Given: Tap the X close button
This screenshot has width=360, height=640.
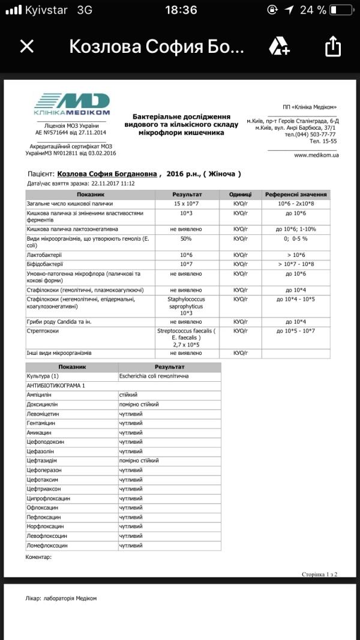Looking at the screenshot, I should pos(27,46).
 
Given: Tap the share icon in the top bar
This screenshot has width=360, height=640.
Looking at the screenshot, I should pos(332,46).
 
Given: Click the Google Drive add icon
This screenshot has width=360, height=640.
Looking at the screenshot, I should pos(280,46).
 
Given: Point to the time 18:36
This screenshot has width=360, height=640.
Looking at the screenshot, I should pos(180,10).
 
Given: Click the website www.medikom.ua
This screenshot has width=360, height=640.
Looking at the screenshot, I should pos(316,155).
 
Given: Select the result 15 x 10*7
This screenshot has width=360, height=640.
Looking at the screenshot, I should pos(187,204).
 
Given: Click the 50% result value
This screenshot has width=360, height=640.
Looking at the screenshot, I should pos(187,239).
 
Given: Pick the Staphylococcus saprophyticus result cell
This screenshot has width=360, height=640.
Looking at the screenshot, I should pos(187,305).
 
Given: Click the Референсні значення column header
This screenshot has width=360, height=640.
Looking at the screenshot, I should pos(296,195).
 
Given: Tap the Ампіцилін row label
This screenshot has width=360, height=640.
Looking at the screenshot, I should pos(40,395).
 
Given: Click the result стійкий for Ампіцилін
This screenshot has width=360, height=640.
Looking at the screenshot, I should pos(129,395).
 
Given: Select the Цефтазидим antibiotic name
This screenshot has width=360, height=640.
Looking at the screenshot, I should pos(43,461).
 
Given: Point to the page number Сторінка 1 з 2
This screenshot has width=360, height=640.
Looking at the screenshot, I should pos(319,575).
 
